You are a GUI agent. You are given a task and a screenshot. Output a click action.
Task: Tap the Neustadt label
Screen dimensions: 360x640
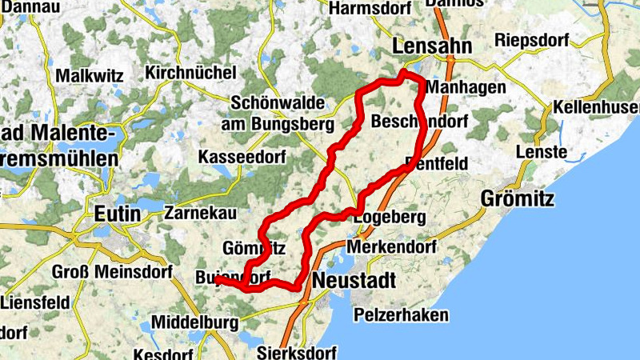click(354, 281)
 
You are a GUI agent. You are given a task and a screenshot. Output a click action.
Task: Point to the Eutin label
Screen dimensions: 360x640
click(117, 214)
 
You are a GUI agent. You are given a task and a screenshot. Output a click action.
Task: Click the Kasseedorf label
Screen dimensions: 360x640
click(241, 155)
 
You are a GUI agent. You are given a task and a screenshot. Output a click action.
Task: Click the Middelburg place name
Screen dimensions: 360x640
click(195, 323)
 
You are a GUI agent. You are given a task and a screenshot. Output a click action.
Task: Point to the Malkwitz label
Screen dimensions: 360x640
click(89, 76)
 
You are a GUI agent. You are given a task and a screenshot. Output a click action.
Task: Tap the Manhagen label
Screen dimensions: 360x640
click(466, 86)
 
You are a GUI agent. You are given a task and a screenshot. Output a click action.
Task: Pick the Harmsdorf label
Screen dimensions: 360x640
click(370, 8)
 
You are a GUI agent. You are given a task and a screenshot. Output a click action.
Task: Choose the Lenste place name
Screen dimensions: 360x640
click(541, 152)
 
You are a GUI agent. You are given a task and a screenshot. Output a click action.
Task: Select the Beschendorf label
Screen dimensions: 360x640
click(419, 122)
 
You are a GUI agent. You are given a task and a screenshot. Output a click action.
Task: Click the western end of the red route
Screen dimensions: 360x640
click(217, 279)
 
